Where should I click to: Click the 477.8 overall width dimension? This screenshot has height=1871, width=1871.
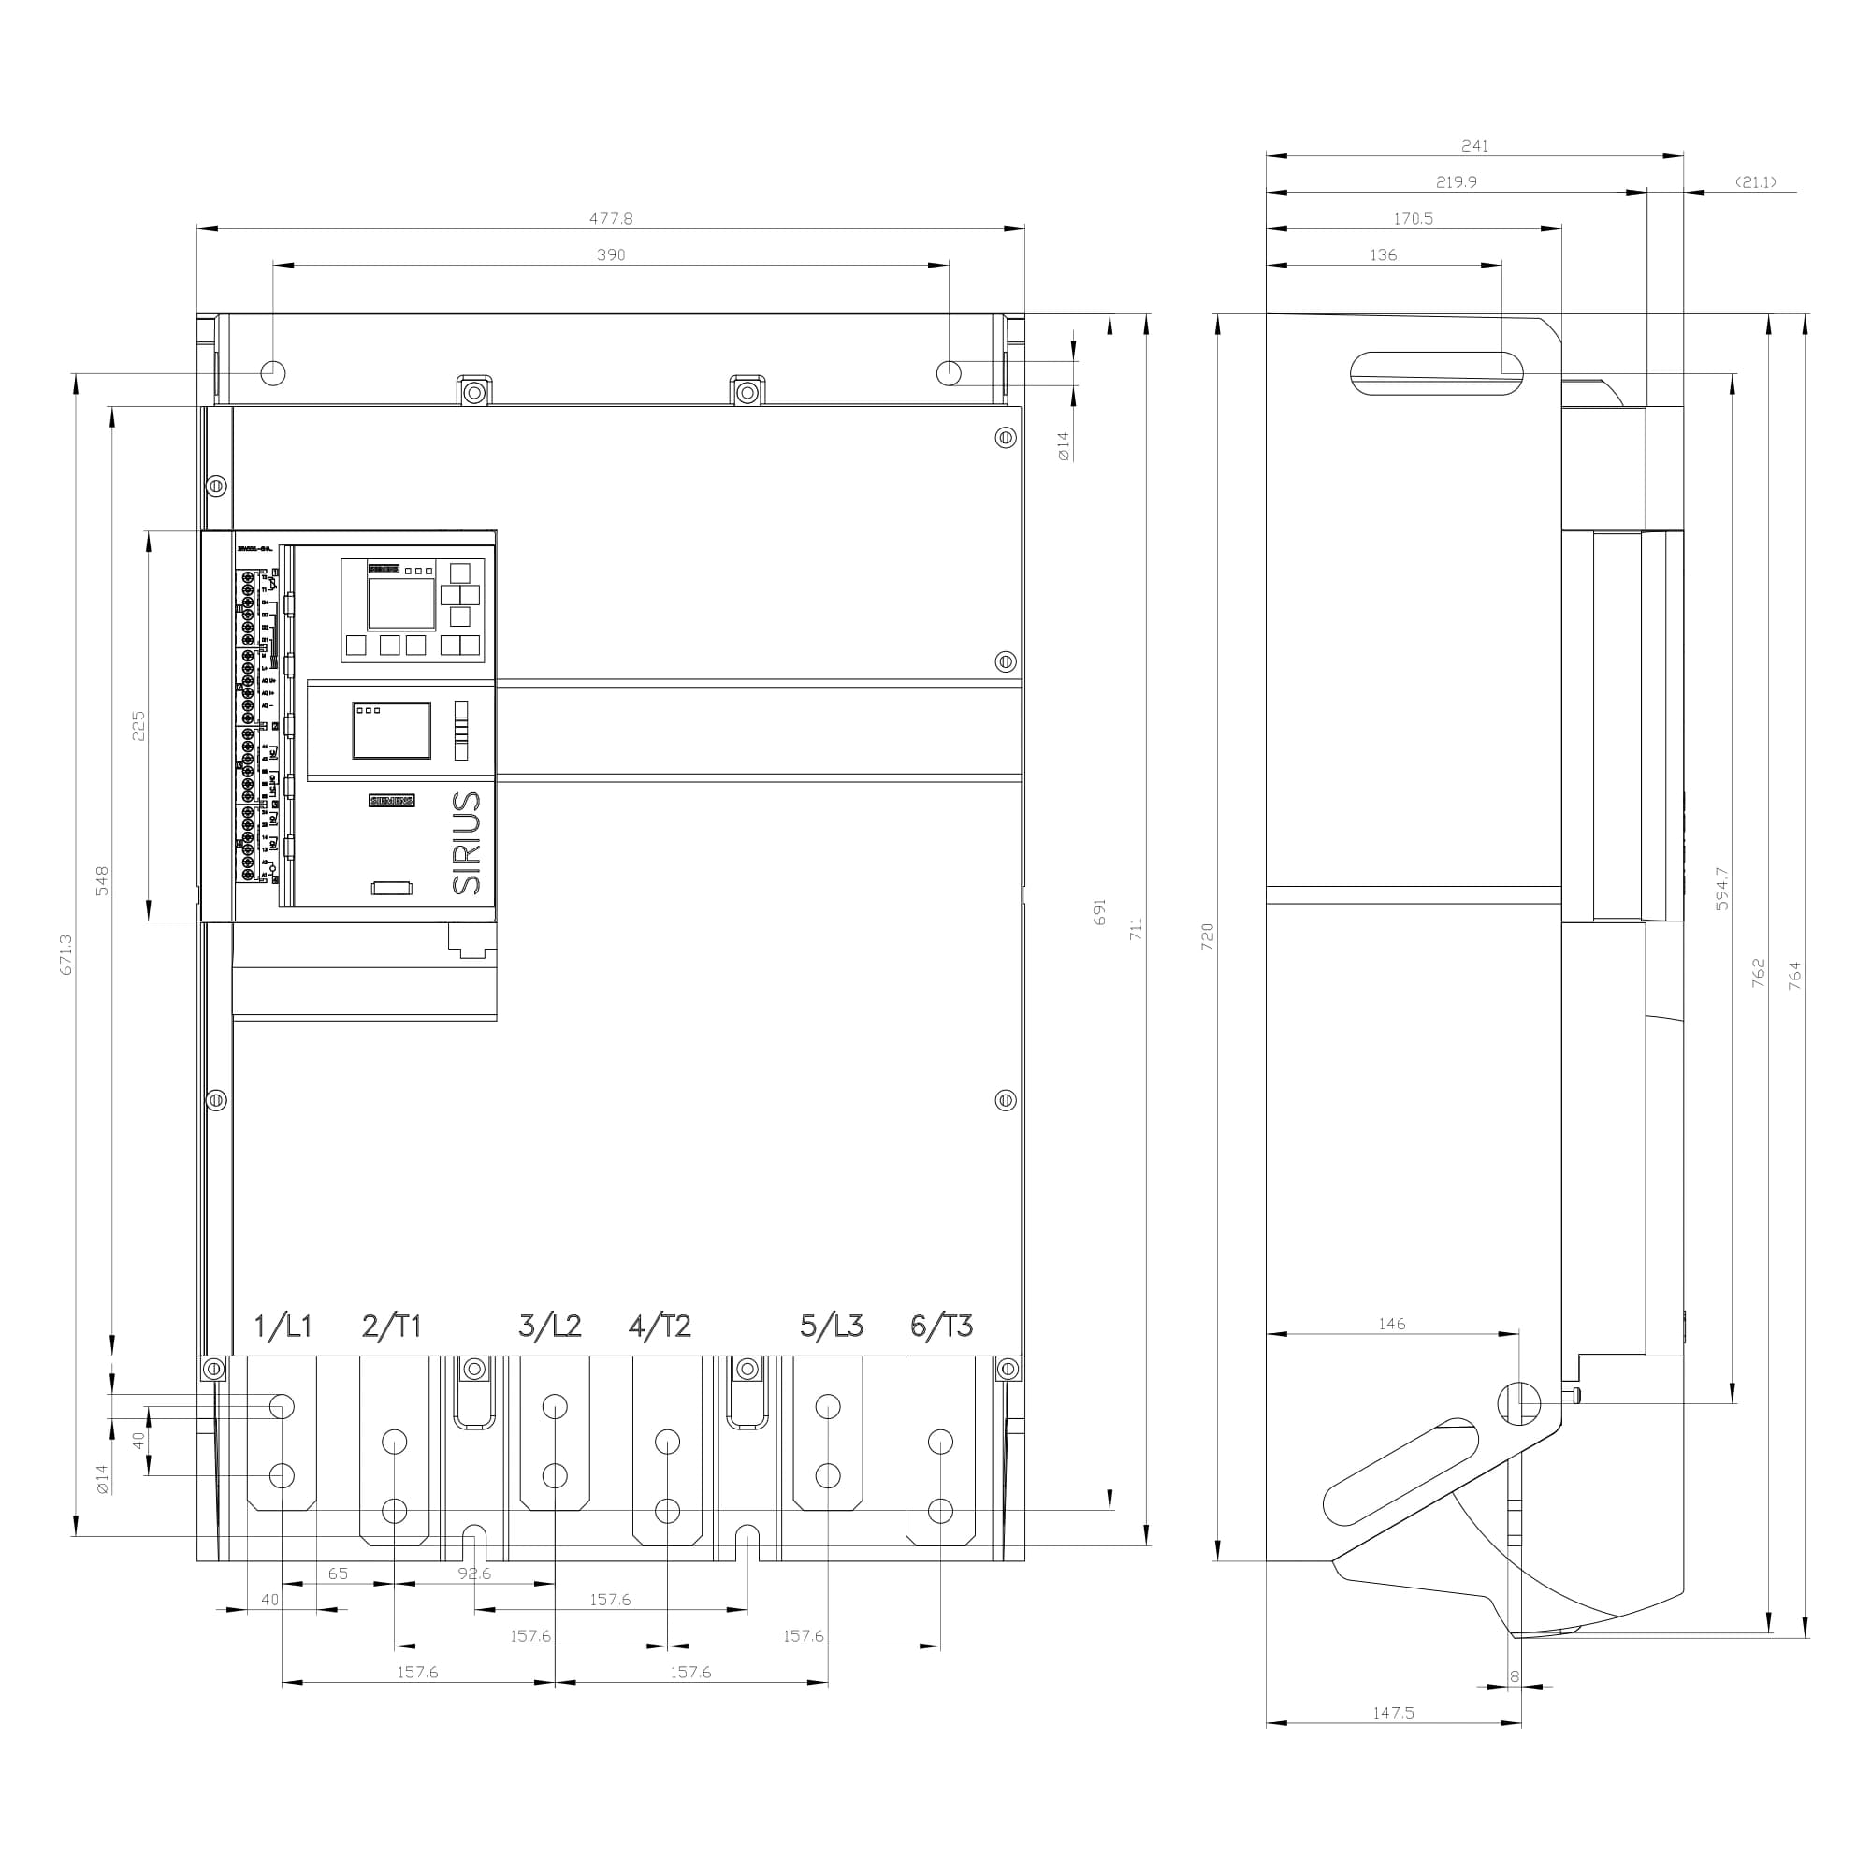(x=611, y=219)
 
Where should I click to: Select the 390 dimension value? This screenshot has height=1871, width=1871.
(x=611, y=254)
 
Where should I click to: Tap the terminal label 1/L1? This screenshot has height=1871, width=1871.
(x=283, y=1326)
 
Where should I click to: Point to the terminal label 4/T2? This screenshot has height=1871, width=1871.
(x=660, y=1326)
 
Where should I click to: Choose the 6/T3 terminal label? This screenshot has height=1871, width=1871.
(x=941, y=1326)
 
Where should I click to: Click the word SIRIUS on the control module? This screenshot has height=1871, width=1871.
(x=467, y=843)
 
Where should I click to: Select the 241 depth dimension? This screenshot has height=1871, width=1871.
(x=1474, y=146)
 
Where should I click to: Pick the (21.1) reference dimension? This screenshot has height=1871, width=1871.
(x=1755, y=182)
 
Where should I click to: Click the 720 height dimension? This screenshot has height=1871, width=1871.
(x=1208, y=936)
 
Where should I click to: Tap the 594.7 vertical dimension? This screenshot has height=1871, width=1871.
(x=1722, y=888)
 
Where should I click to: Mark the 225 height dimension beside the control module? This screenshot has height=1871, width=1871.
(x=138, y=725)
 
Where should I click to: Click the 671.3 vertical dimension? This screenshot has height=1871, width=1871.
(x=65, y=954)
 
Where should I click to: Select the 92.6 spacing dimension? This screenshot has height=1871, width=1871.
(x=473, y=1574)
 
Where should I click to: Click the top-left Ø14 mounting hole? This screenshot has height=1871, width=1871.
(x=274, y=372)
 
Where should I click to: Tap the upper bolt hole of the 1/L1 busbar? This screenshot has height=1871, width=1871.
(x=282, y=1406)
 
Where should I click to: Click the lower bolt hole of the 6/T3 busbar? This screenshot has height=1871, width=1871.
(x=940, y=1511)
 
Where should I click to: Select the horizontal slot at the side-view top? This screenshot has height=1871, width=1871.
(x=1436, y=374)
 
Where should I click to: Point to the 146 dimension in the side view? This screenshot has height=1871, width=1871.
(x=1392, y=1324)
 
